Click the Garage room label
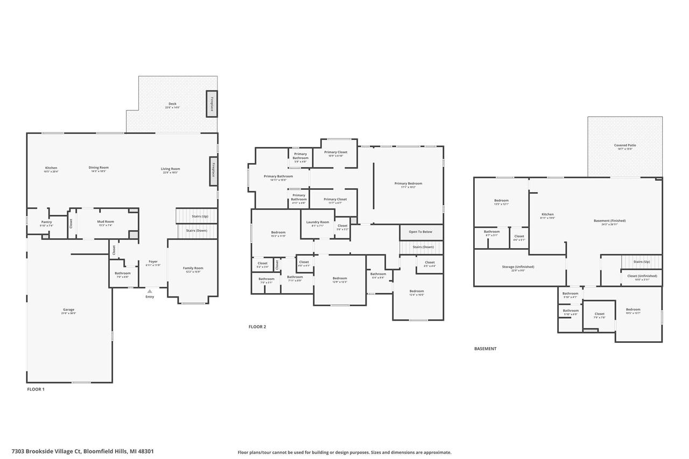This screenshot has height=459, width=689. coord(68,310)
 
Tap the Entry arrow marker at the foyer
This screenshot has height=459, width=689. coord(150,291)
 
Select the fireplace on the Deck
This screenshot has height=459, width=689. coord(212,104)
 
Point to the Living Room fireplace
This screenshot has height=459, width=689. coord(213,171)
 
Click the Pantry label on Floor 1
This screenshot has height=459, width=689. coord(47,222)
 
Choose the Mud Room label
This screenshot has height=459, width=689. coord(106,222)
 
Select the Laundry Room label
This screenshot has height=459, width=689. coord(318,222)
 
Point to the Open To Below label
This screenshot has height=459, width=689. coord(420,232)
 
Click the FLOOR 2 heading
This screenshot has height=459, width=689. coord(257,327)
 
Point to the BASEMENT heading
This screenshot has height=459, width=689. coord(485,349)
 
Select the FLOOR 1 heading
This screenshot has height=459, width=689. coord(36,389)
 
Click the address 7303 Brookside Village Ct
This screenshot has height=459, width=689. coord(82,451)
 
